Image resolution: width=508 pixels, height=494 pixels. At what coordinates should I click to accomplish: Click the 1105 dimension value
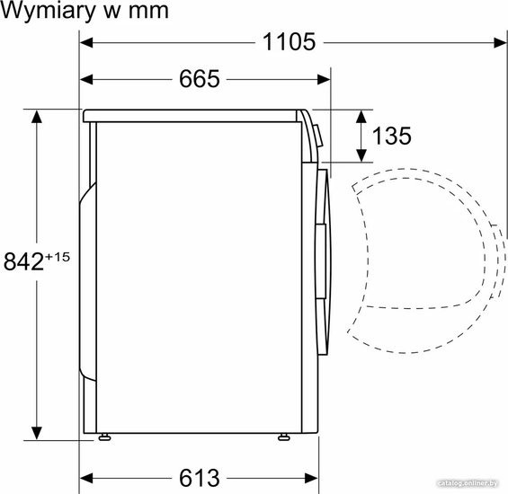[289, 41]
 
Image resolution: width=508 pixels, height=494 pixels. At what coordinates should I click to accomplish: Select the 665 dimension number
[200, 79]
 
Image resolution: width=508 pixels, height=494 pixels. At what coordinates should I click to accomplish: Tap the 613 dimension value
[200, 478]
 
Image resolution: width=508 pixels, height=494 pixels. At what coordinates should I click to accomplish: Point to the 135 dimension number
[392, 136]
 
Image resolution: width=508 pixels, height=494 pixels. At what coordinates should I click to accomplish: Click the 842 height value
[23, 261]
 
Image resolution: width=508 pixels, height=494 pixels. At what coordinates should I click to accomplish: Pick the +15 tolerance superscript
[58, 257]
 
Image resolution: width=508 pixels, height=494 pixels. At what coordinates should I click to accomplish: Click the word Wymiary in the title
[48, 11]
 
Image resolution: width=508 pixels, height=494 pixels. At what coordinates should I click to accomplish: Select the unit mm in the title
[148, 12]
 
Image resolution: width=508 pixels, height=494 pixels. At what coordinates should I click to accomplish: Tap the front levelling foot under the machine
[283, 437]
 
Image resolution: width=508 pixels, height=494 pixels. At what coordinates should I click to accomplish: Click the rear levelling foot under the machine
[104, 437]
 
